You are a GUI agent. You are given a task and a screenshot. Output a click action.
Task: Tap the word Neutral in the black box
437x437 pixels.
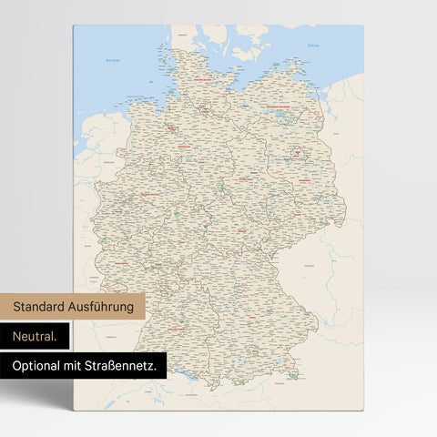35,336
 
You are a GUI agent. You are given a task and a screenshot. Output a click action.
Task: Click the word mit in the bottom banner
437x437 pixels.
81,366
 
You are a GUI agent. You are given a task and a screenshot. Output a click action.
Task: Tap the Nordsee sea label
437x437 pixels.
112,61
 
